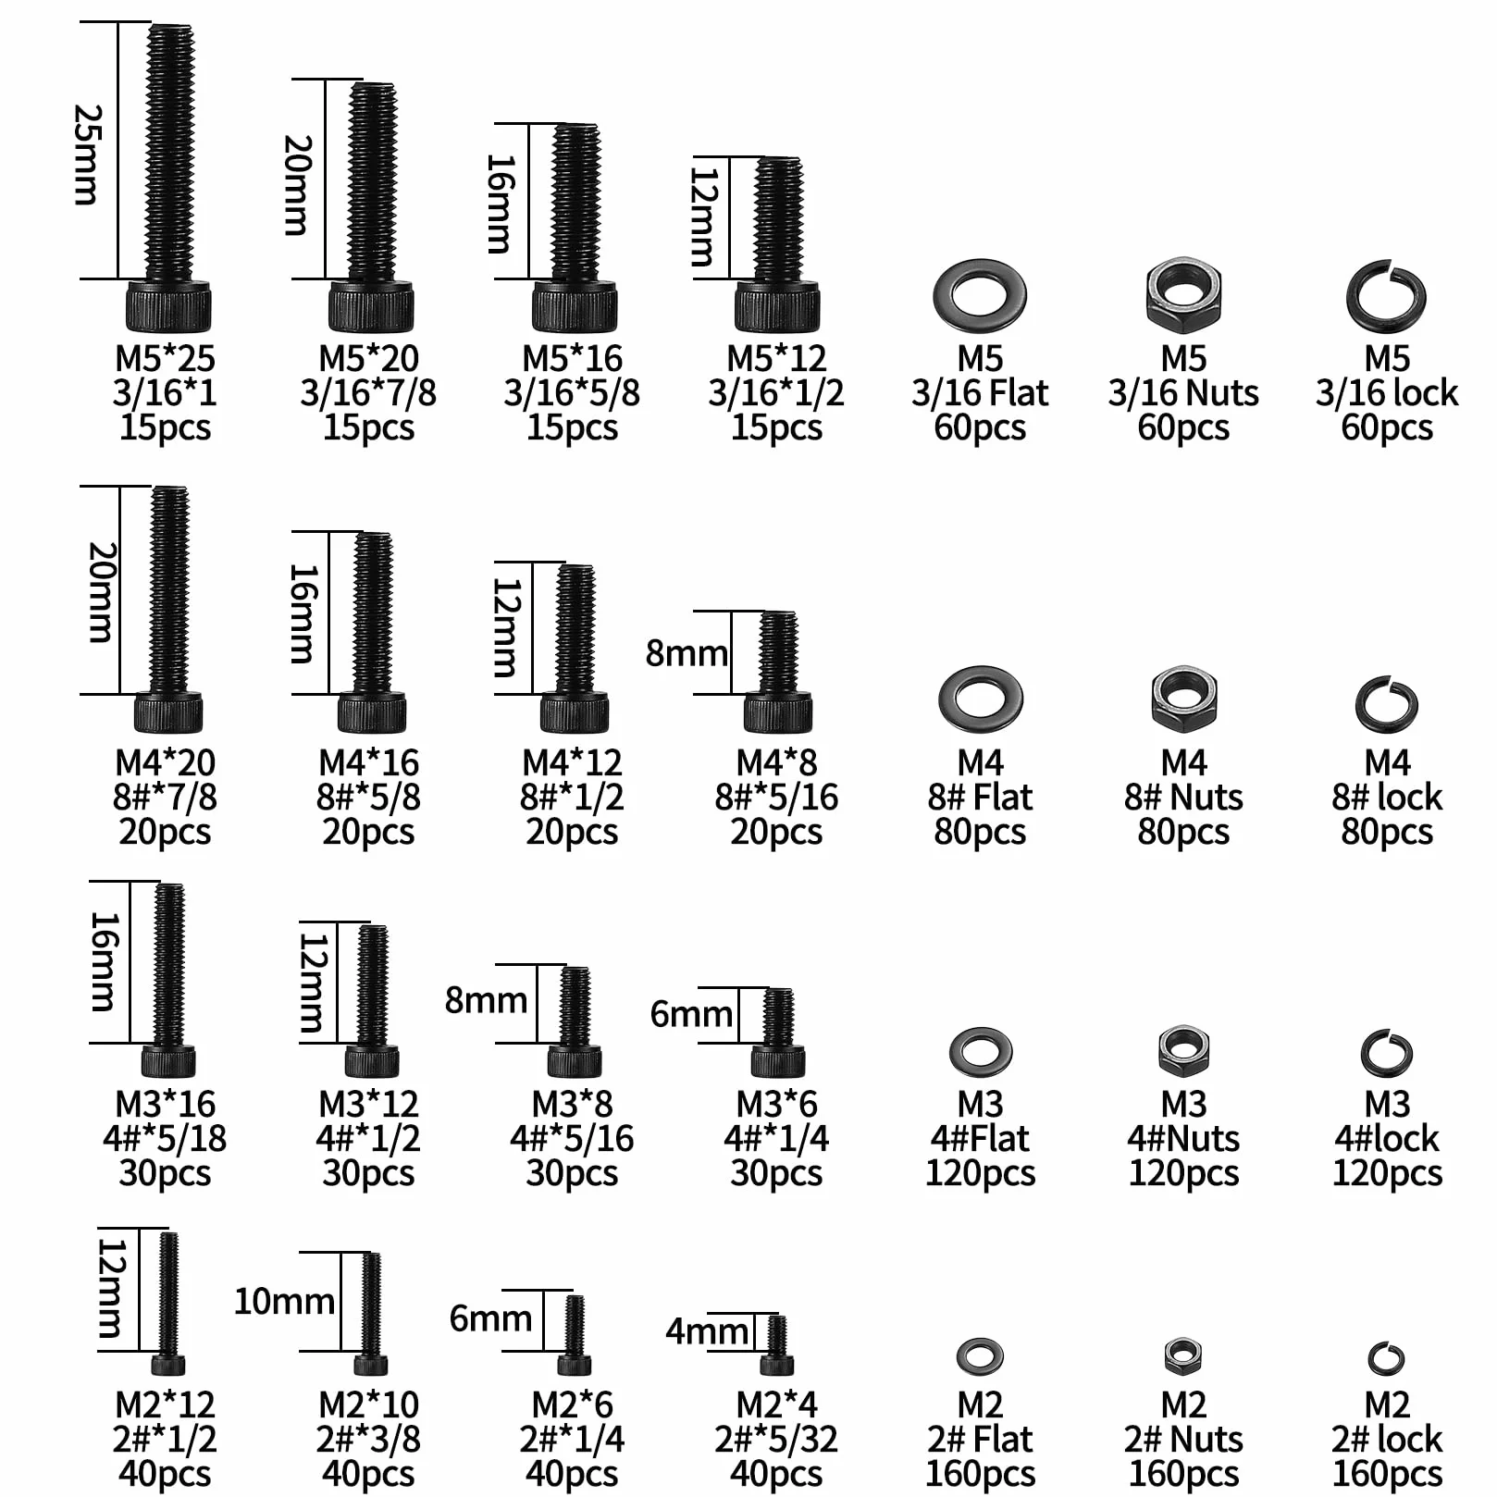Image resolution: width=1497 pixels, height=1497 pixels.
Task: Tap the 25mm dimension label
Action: [88, 154]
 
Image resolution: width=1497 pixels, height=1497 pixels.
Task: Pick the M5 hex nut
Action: [1183, 295]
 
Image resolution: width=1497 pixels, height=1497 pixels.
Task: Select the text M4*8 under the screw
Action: [776, 762]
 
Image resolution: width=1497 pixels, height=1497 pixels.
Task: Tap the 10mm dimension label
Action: [284, 1301]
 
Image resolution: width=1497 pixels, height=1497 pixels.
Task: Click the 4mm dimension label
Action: [707, 1331]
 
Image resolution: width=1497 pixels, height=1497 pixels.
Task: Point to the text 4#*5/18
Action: [165, 1138]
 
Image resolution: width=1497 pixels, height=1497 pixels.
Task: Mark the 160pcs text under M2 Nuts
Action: [1183, 1473]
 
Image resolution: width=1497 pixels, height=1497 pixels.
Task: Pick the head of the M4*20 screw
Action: [168, 713]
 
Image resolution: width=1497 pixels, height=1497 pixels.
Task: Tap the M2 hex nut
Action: [1182, 1355]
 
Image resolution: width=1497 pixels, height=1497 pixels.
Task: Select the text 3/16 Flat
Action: [980, 393]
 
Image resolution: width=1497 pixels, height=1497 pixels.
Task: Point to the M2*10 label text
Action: [368, 1404]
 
